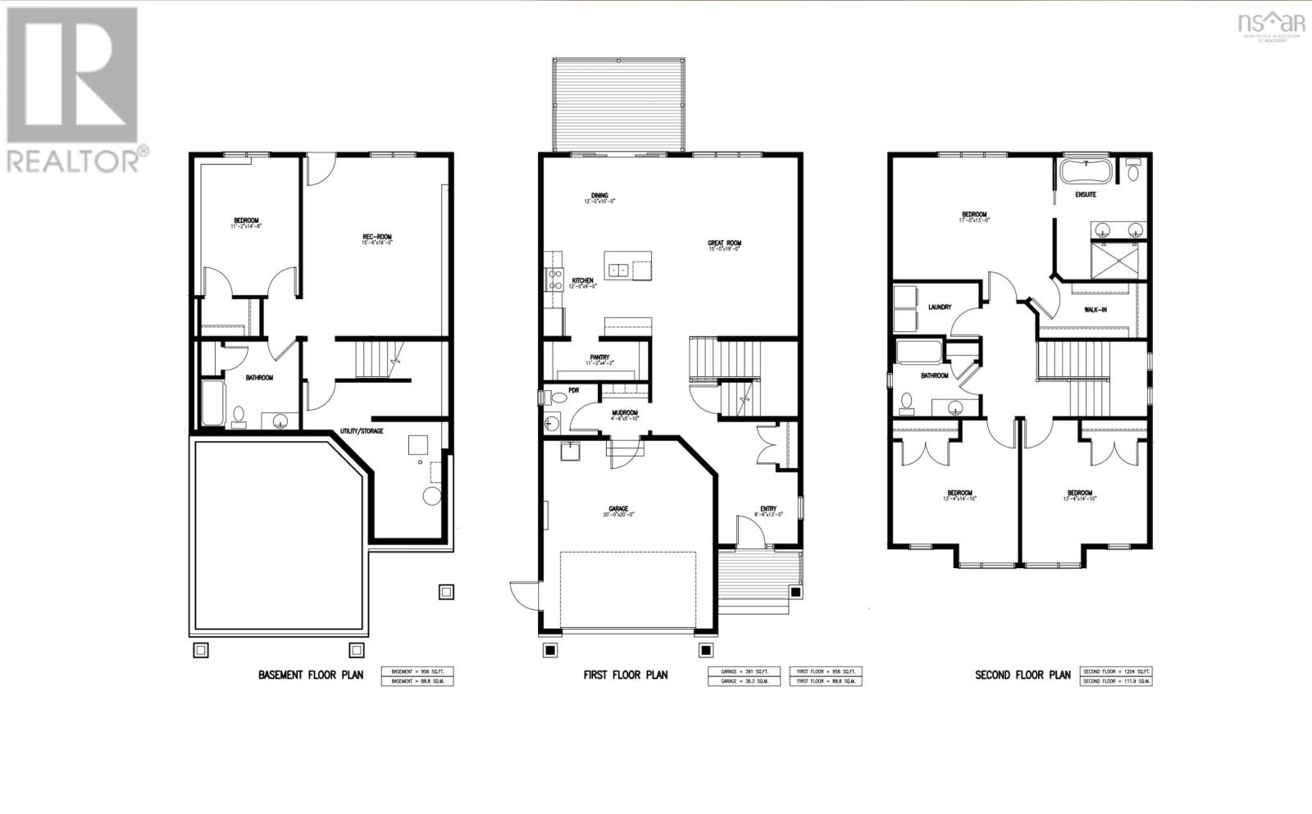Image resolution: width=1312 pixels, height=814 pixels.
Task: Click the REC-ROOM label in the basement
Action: pyautogui.click(x=376, y=237)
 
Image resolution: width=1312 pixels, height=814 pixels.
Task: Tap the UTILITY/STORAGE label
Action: pyautogui.click(x=362, y=430)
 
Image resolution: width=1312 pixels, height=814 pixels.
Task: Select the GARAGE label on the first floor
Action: pyautogui.click(x=618, y=508)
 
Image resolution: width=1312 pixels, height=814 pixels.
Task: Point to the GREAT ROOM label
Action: pyautogui.click(x=725, y=243)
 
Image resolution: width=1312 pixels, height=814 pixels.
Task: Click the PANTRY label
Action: pyautogui.click(x=599, y=357)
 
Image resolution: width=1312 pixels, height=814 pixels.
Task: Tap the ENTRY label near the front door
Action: pyautogui.click(x=768, y=509)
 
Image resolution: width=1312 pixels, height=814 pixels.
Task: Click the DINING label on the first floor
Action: pyautogui.click(x=599, y=195)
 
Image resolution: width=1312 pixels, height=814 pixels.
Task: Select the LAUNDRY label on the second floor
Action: pyautogui.click(x=940, y=307)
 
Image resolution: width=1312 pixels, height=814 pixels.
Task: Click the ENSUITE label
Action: pyautogui.click(x=1086, y=194)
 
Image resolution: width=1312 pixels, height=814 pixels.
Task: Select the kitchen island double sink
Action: pyautogui.click(x=617, y=268)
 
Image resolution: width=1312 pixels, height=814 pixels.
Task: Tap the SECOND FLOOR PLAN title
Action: pyautogui.click(x=1023, y=675)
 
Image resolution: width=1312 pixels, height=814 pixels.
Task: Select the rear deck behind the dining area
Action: pyautogui.click(x=618, y=104)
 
